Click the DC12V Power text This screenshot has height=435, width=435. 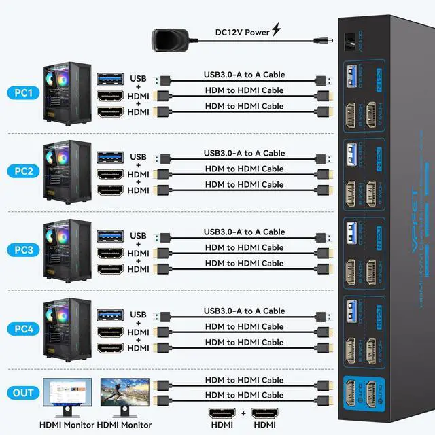(x=241, y=31)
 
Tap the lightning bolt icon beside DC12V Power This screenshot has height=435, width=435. (x=276, y=30)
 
